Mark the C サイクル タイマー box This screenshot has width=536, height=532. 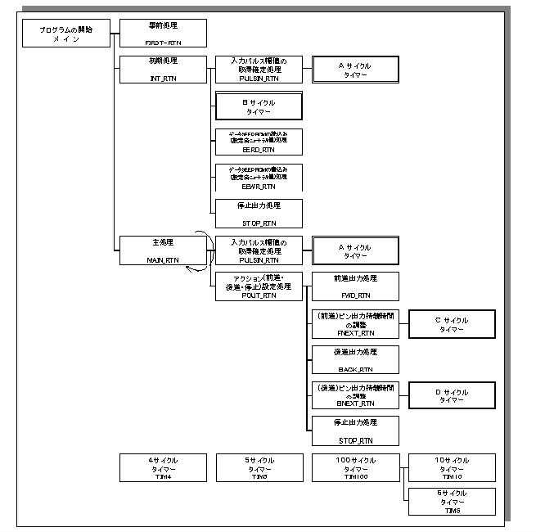[x=452, y=324]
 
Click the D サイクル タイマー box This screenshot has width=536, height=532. [x=452, y=396]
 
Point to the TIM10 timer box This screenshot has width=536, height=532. [x=452, y=468]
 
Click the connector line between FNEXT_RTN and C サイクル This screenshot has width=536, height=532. [x=403, y=324]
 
